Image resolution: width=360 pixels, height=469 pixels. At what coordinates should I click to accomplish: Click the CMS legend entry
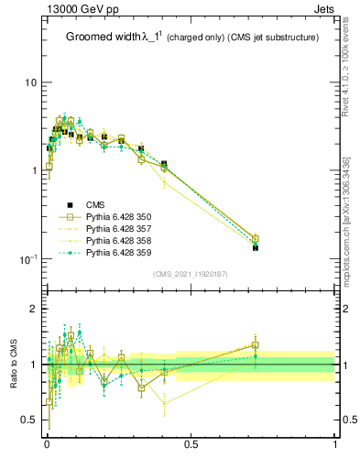pos(95,204)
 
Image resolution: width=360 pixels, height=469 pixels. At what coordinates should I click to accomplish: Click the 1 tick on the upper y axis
pos(33,170)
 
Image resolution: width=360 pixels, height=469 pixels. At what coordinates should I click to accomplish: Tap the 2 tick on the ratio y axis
pos(33,310)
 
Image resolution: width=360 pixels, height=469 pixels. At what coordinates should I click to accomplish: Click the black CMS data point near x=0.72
pos(256,247)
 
